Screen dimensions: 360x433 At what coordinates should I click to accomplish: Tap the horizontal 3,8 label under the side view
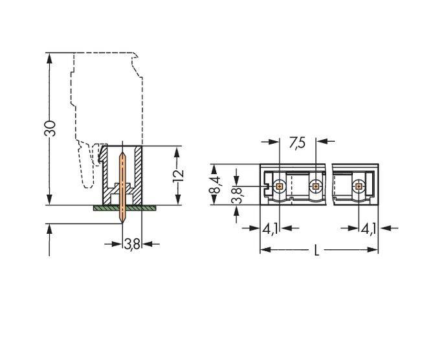point(131,244)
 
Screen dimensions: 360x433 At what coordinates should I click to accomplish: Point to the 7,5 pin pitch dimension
point(297,142)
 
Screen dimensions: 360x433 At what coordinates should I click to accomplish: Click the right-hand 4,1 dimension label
point(368,228)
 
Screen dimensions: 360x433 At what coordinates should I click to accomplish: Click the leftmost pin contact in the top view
point(279,186)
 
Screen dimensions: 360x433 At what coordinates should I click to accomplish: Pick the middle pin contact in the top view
point(315,186)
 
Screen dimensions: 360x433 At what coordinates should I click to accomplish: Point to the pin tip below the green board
point(122,219)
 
